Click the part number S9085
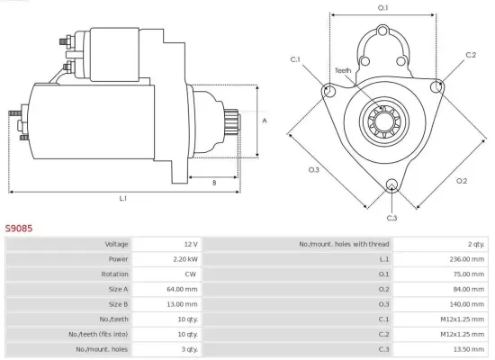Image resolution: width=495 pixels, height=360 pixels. tap(19, 229)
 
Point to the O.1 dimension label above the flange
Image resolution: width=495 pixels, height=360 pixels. tap(382, 8)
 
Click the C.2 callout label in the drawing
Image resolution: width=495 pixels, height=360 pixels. tap(471, 56)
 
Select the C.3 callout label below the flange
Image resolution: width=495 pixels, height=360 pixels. tap(391, 218)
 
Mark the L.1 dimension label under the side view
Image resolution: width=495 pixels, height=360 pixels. tap(122, 197)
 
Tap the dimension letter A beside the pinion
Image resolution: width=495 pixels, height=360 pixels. tap(265, 120)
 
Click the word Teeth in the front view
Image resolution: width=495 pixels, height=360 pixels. tap(343, 70)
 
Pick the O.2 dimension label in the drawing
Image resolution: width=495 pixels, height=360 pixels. tap(462, 180)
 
